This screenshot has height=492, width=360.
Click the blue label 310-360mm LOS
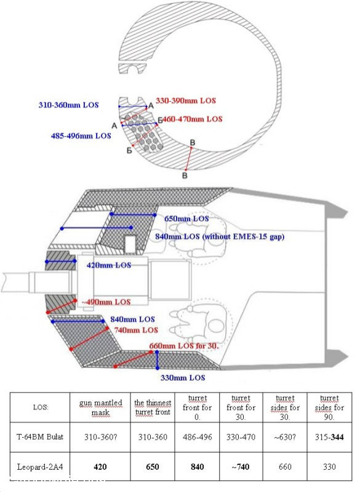(x=69, y=105)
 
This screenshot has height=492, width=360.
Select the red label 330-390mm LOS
(x=186, y=101)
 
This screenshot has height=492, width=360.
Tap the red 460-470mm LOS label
(x=192, y=119)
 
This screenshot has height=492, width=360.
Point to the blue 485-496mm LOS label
(x=81, y=136)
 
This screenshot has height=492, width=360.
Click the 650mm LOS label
(x=186, y=219)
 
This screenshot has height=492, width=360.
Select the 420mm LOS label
(x=109, y=265)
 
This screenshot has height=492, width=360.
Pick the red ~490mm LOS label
(x=106, y=302)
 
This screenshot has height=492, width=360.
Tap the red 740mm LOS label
(x=136, y=330)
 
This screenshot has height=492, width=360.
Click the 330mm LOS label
(x=183, y=377)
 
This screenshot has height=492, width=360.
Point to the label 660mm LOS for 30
(x=184, y=346)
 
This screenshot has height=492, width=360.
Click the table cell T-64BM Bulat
(x=40, y=437)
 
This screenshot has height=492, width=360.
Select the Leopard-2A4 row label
(x=40, y=467)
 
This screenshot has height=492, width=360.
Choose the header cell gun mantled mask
(x=100, y=407)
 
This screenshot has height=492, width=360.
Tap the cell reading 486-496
(x=198, y=437)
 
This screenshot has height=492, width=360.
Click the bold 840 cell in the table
(x=198, y=467)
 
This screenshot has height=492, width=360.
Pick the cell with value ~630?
(x=285, y=437)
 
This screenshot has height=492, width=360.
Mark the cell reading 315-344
(x=329, y=437)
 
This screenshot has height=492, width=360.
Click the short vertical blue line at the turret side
(x=158, y=360)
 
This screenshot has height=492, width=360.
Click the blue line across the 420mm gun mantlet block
(x=60, y=261)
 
